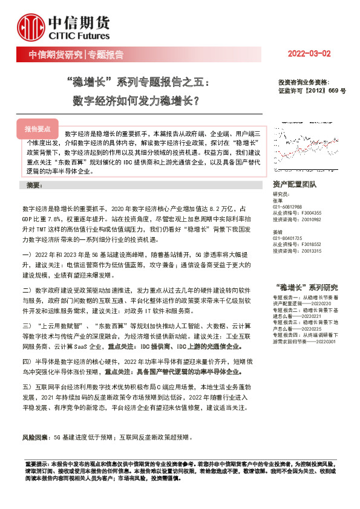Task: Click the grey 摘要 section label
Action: pyautogui.click(x=30, y=184)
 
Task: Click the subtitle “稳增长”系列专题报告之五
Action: pyautogui.click(x=139, y=80)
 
